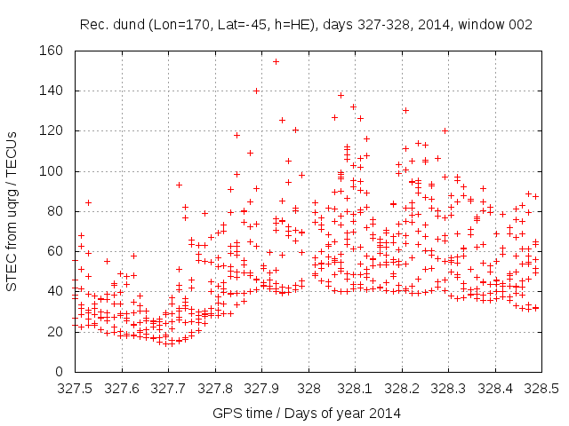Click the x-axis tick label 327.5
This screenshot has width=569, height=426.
tap(75, 388)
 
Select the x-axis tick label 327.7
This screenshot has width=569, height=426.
tap(168, 388)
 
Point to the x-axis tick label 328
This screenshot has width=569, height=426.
tap(309, 388)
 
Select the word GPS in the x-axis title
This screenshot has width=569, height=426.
tap(227, 413)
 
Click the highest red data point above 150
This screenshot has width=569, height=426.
tap(276, 61)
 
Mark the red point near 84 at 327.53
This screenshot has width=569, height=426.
tap(88, 202)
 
